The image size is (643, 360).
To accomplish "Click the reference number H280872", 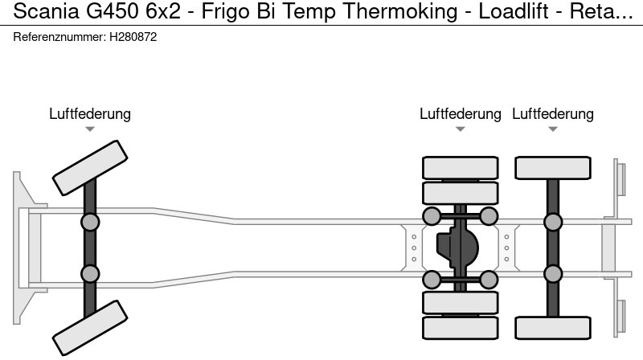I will click(133, 38).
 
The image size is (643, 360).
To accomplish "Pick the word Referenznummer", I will click(59, 38).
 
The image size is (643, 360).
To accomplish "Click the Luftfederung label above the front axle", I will click(90, 114).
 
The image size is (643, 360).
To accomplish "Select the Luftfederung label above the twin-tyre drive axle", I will click(461, 114).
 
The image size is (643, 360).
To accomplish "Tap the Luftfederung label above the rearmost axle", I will click(553, 114).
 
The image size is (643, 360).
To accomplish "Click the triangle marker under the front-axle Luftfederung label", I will click(90, 129).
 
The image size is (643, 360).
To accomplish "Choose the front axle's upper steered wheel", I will click(90, 167).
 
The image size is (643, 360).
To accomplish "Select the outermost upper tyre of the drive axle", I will click(461, 167).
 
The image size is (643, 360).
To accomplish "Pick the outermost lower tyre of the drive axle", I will click(461, 327).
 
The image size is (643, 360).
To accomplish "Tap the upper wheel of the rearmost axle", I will click(553, 167).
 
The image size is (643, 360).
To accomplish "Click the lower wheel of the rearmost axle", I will click(553, 327).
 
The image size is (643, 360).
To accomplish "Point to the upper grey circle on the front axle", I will click(90, 222).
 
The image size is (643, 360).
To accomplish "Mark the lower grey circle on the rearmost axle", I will click(553, 273).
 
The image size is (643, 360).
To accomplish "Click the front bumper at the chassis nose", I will click(24, 247).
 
